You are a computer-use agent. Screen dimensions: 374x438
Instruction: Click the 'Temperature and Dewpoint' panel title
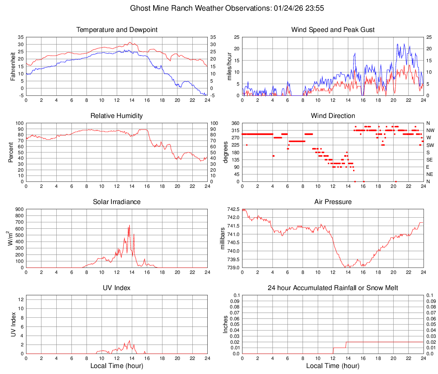pos(116,30)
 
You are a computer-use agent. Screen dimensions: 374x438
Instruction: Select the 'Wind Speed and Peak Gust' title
pos(333,30)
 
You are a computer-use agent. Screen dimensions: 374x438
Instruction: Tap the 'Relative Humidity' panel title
pos(116,116)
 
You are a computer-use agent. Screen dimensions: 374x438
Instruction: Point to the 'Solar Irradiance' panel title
pos(116,201)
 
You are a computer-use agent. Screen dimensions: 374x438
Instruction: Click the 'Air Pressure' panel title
pos(333,201)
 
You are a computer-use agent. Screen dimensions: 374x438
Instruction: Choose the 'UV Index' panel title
pos(116,288)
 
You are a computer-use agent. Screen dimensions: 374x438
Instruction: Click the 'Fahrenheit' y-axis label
pos(13,66)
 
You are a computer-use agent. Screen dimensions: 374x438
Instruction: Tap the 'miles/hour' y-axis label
pos(229,66)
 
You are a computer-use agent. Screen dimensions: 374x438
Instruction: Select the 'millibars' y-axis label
pos(222,239)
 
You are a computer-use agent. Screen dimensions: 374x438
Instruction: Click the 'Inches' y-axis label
pos(226,325)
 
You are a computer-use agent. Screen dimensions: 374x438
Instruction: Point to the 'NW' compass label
pos(430,130)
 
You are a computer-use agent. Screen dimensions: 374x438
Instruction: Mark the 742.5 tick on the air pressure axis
pos(232,209)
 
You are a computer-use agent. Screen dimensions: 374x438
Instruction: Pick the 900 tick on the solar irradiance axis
pos(19,209)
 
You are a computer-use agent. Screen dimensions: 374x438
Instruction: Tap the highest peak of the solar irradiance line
pos(129,225)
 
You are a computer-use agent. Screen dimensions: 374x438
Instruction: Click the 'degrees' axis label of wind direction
pos(226,152)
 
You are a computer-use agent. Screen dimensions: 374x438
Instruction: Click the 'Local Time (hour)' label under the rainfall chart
pos(333,366)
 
